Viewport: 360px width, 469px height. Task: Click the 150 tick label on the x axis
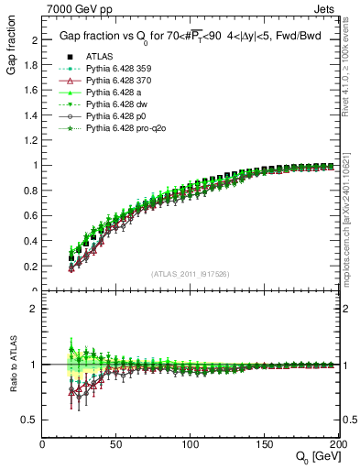pos(264,443)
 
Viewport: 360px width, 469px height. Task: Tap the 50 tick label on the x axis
pos(116,443)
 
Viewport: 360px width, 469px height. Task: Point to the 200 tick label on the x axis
pos(335,443)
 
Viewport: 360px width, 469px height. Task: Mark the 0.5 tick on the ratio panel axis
pos(29,420)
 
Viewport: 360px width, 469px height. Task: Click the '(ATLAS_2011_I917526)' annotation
pos(190,274)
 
